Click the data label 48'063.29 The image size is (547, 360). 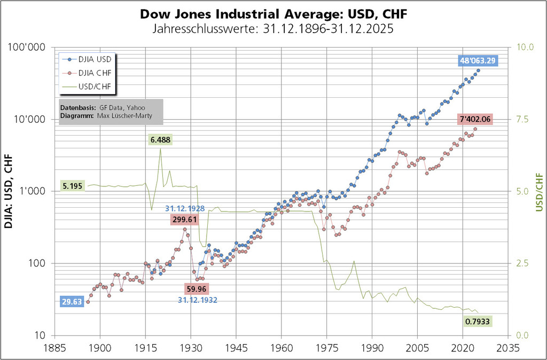pos(478,60)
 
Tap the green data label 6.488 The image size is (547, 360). pos(161,140)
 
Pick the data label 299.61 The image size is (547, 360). pos(185,219)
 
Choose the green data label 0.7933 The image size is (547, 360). pos(478,322)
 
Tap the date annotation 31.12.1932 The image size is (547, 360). pos(198,300)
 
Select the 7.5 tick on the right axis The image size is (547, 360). pos(520,119)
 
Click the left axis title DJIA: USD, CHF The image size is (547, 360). pos(10,191)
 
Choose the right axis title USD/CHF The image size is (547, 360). pos(538,191)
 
